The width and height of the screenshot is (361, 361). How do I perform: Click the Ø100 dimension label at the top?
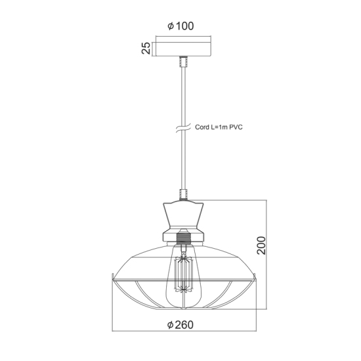coord(180,26)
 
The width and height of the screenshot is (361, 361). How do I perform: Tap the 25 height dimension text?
coord(146,47)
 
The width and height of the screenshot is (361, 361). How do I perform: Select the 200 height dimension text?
coord(262,245)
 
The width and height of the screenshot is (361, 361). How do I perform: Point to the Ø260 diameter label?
coord(180,325)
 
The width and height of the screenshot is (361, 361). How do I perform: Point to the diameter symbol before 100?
coord(170,27)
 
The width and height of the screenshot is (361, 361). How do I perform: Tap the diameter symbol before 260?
coord(170,325)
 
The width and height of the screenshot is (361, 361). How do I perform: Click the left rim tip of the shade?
coord(111,276)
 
